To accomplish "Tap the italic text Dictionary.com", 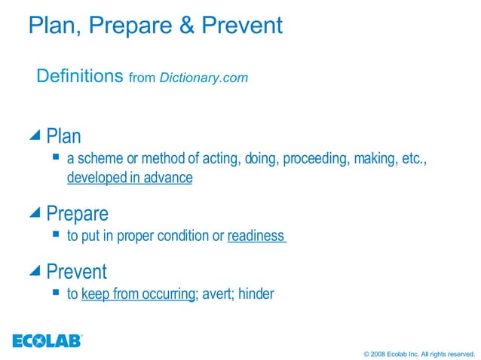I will pos(204,78).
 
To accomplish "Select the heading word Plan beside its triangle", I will pos(63,136).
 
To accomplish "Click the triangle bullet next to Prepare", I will pos(35,213).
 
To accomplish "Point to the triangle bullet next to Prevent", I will pos(35,270).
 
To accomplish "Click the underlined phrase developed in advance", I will pos(130,178).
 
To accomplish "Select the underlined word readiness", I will pos(256,236).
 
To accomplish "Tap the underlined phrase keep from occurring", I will pos(138,294).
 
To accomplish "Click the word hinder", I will pos(256,294).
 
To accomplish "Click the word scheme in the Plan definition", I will pos(96,159).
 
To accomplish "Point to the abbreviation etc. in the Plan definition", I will pos(413,159).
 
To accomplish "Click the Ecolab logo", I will pos(47,340).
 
